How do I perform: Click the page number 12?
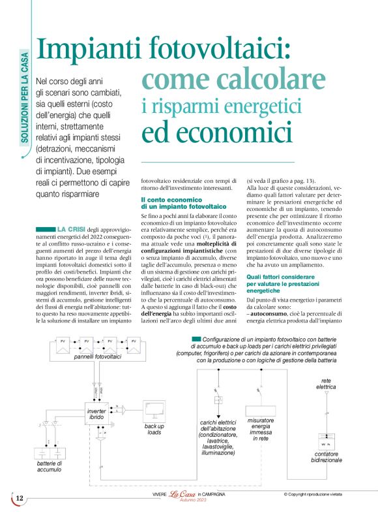coord(20,498)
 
